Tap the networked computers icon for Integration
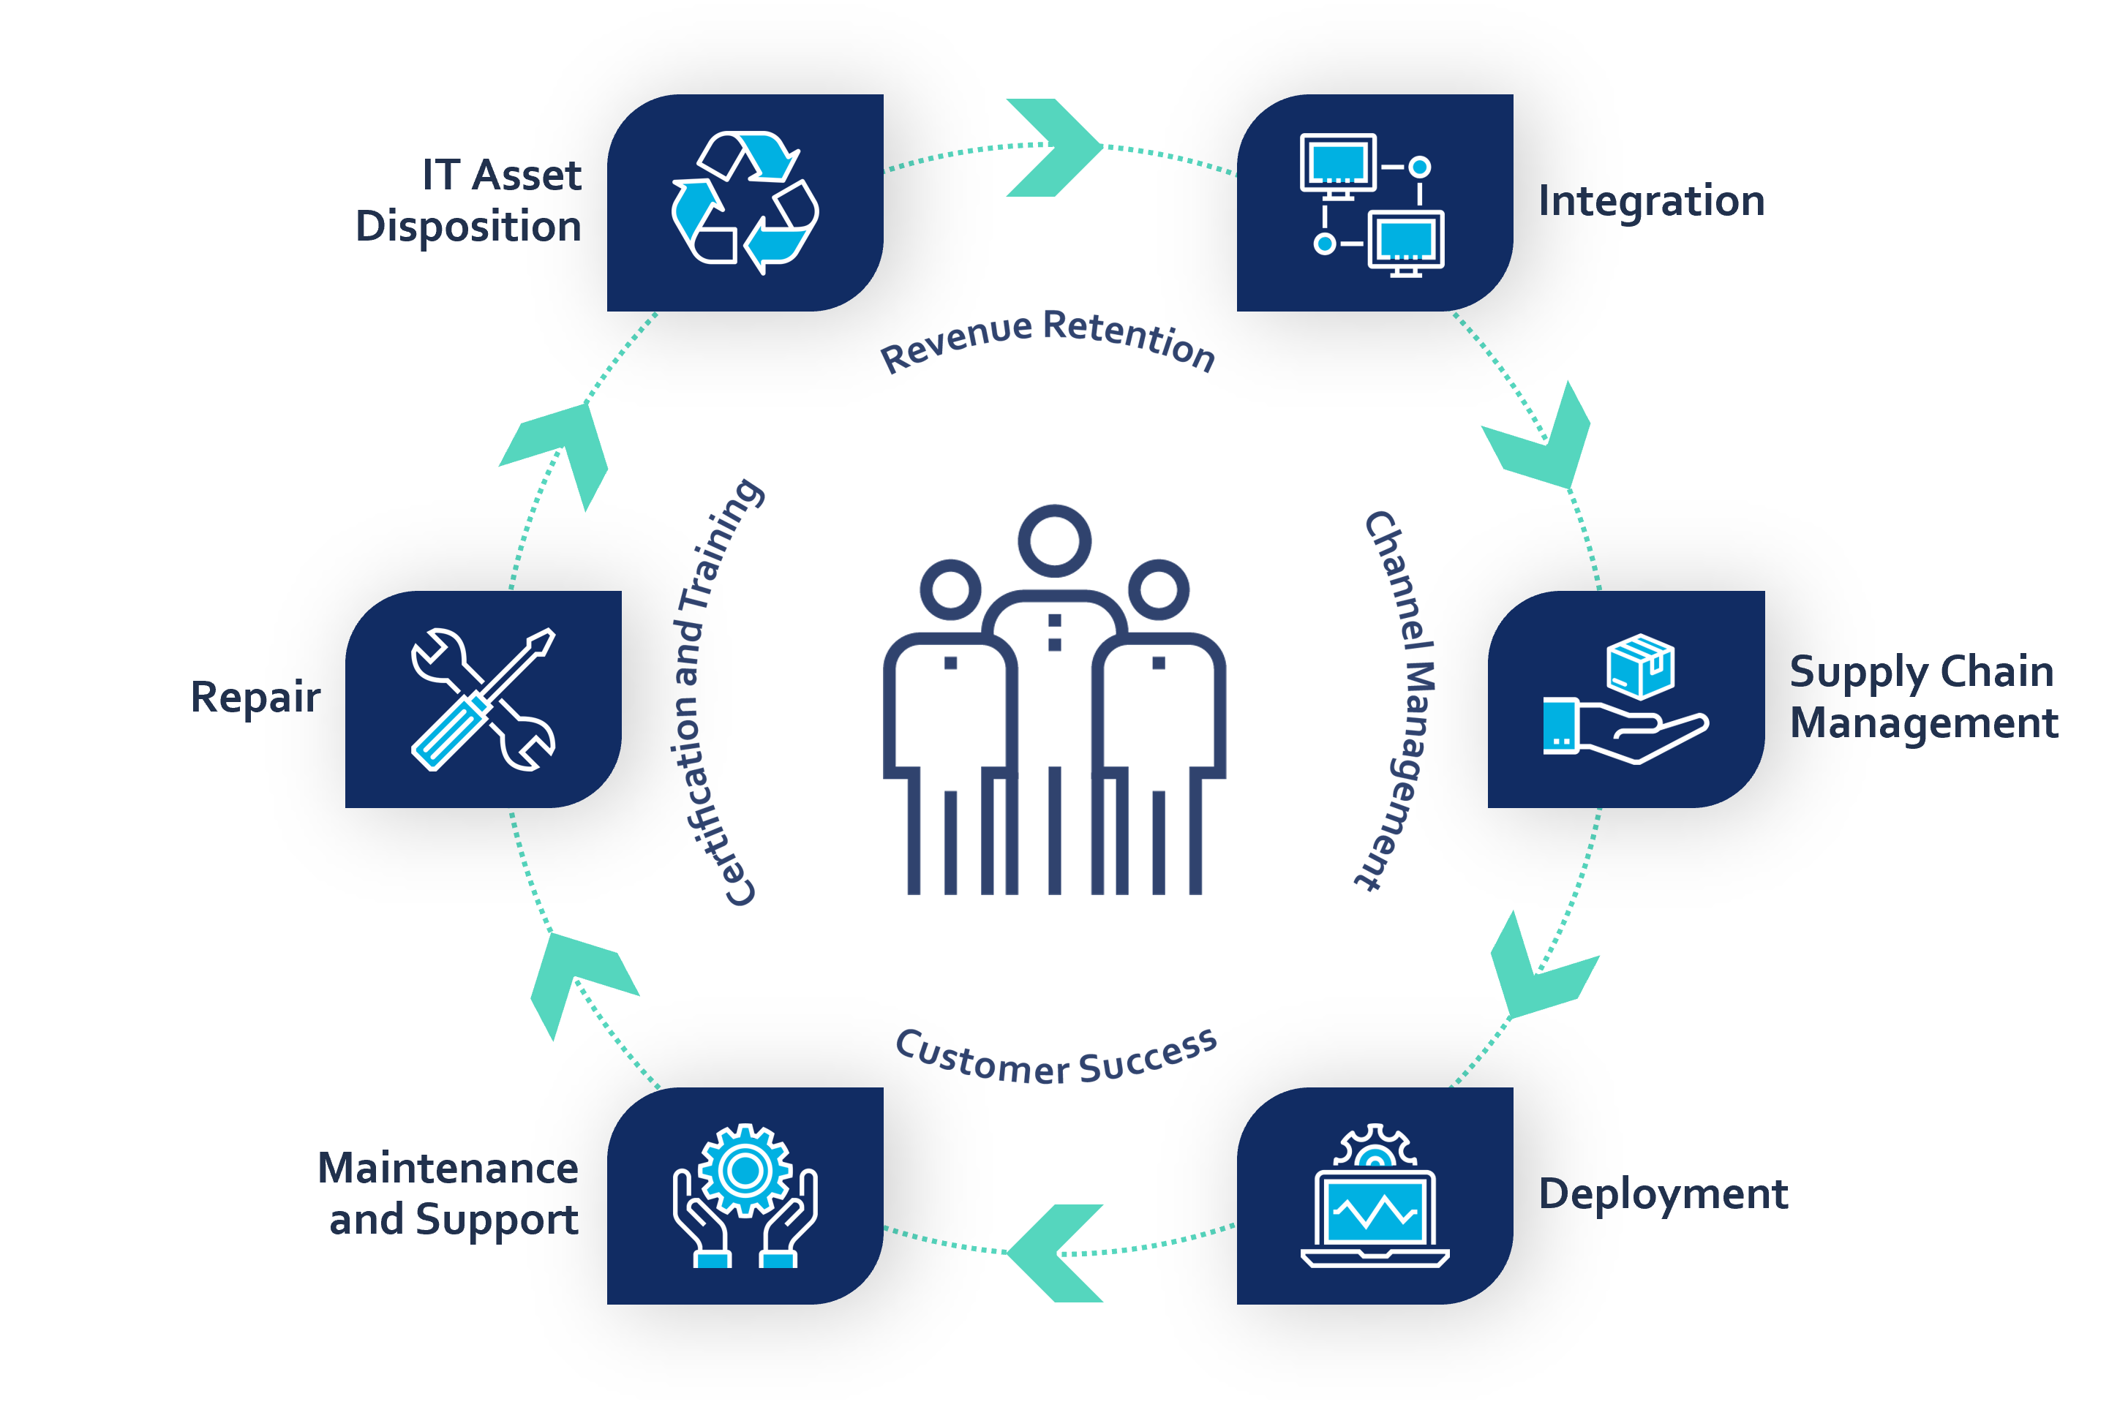pyautogui.click(x=1373, y=205)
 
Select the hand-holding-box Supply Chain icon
pyautogui.click(x=1625, y=699)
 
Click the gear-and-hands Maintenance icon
pyautogui.click(x=745, y=1195)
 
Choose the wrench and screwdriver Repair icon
pyautogui.click(x=483, y=699)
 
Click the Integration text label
pyautogui.click(x=1651, y=201)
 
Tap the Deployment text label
pyautogui.click(x=1663, y=1194)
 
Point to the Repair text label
pyautogui.click(x=256, y=697)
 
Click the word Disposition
pyautogui.click(x=468, y=226)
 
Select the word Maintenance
pyautogui.click(x=448, y=1169)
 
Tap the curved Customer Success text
pyautogui.click(x=1056, y=1059)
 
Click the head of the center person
pyautogui.click(x=1055, y=541)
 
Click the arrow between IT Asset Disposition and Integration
pyautogui.click(x=1056, y=147)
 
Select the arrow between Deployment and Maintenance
pyautogui.click(x=1055, y=1253)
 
